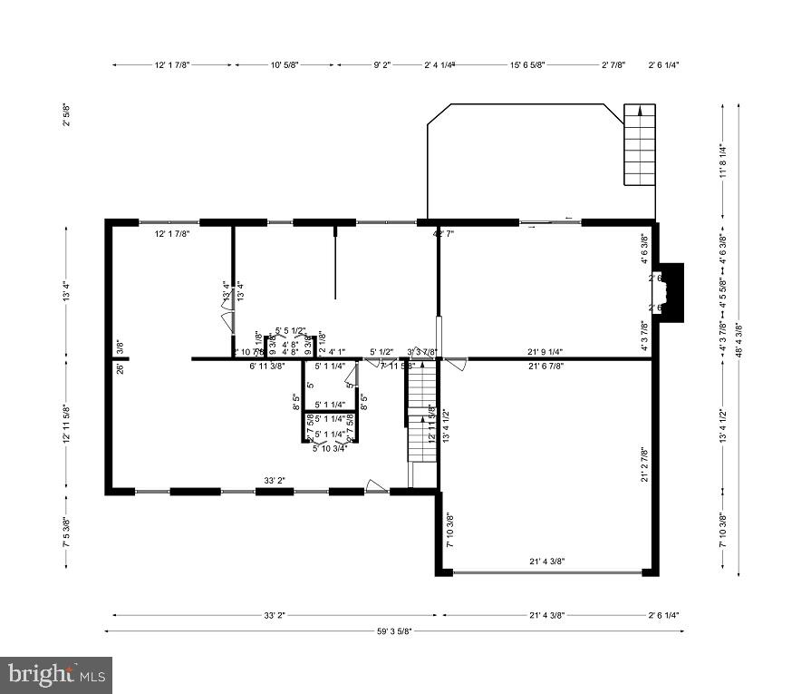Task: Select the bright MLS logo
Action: click(56, 675)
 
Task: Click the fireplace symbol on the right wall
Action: click(671, 292)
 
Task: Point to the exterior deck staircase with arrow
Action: click(640, 145)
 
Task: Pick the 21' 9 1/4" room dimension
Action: click(544, 352)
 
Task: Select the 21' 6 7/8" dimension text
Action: click(544, 367)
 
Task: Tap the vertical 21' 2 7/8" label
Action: click(645, 465)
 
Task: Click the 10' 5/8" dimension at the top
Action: click(285, 65)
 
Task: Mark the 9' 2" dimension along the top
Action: click(381, 65)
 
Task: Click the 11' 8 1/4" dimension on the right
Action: click(722, 161)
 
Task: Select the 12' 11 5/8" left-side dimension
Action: click(66, 424)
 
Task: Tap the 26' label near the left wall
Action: click(120, 367)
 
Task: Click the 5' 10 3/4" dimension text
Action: click(330, 447)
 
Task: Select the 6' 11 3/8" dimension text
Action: click(267, 367)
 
